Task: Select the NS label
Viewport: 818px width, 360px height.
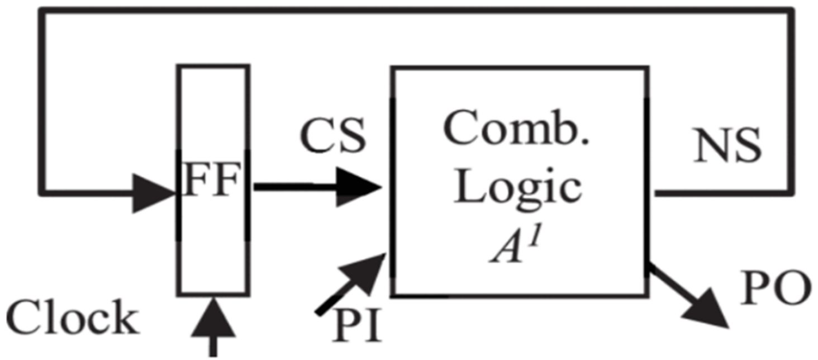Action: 726,146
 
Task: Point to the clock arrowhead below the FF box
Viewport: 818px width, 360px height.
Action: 213,319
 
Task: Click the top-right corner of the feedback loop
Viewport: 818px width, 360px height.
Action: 791,11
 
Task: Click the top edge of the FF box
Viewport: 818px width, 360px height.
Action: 213,67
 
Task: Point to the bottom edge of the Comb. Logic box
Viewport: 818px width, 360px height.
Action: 520,294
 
